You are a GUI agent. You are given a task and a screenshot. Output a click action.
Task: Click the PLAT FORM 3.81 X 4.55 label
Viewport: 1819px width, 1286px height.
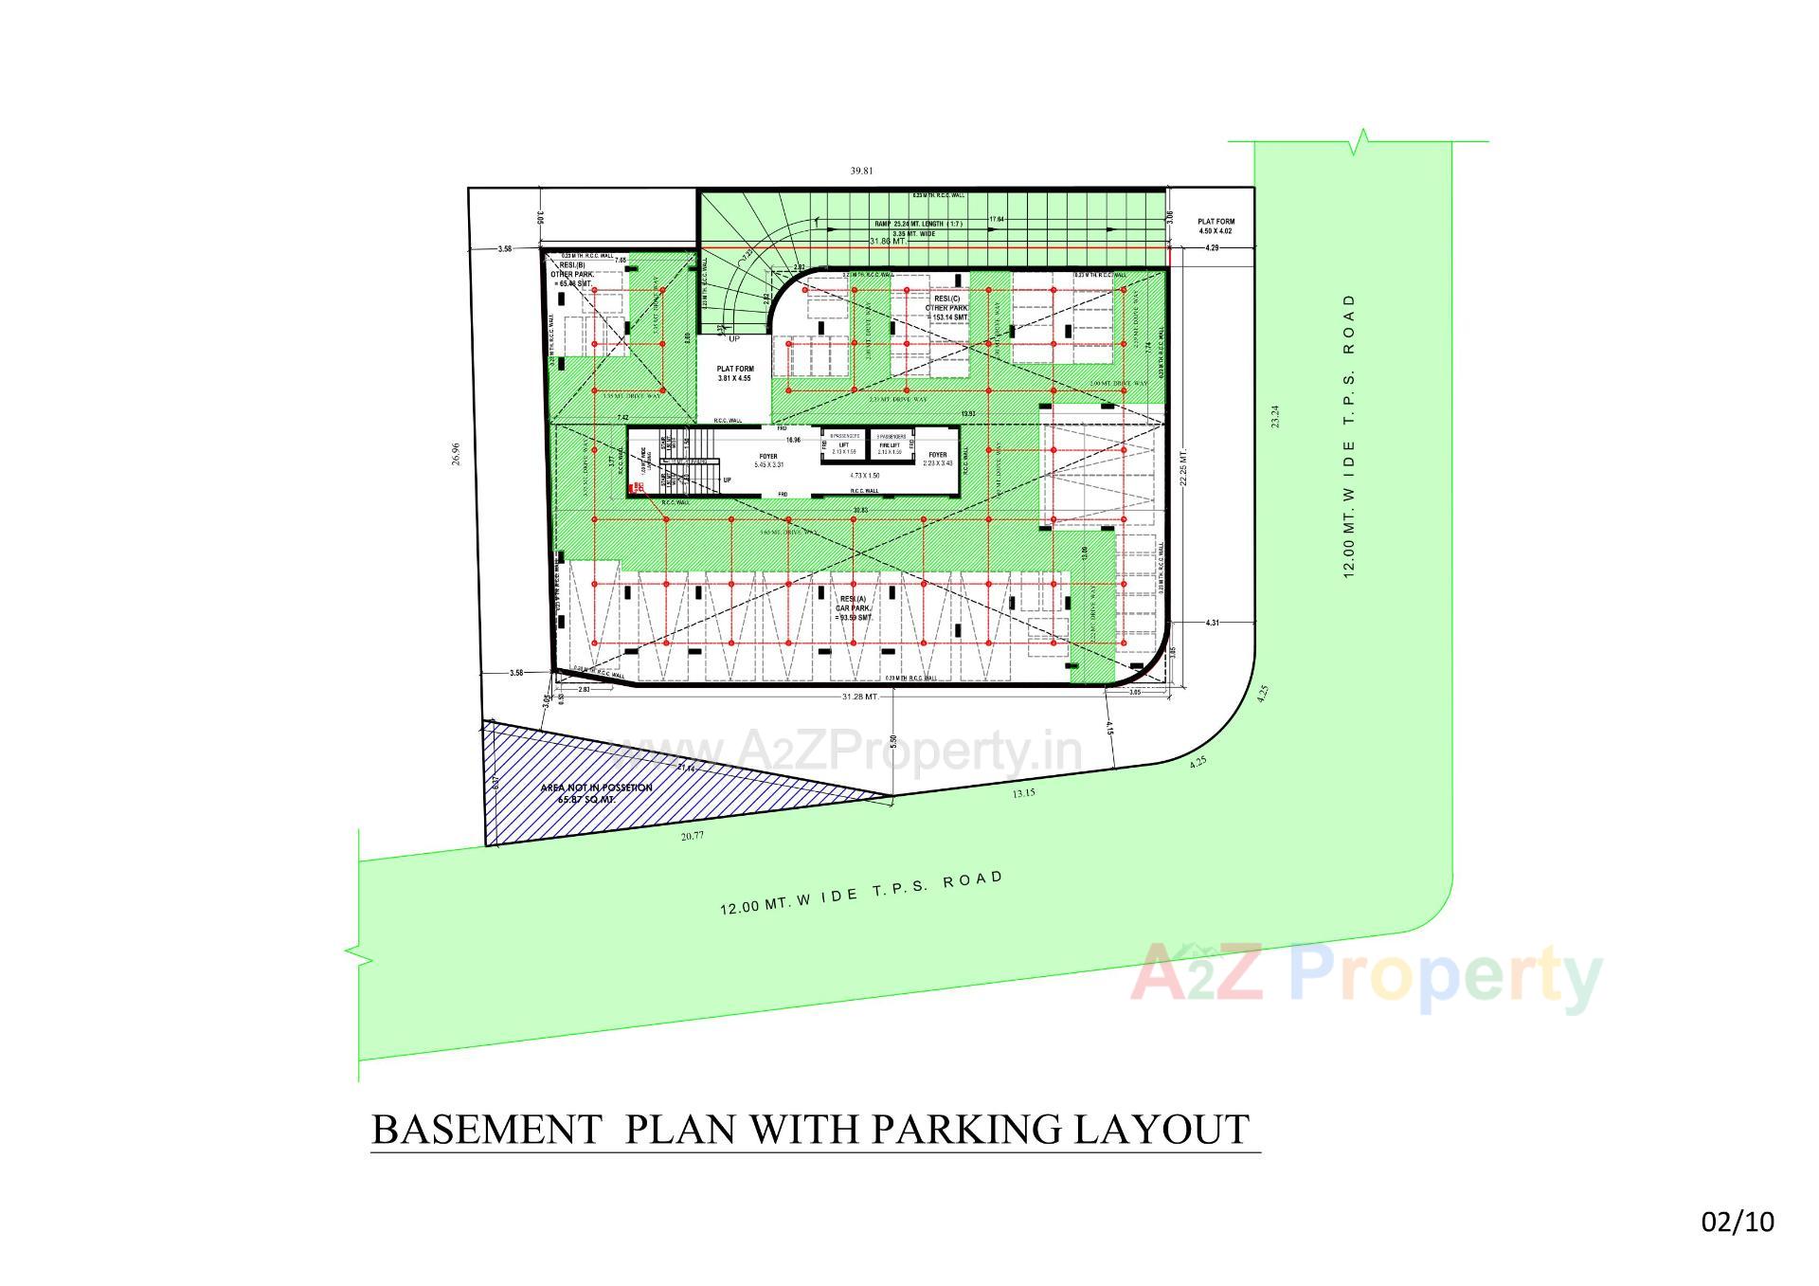[734, 373]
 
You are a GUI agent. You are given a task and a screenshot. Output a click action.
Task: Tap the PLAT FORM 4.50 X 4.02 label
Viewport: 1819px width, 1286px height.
[1216, 226]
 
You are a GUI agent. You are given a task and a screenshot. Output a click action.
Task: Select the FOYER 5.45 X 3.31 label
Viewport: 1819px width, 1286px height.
[766, 461]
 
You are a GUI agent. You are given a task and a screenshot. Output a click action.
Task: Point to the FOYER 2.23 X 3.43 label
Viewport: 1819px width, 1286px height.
[936, 459]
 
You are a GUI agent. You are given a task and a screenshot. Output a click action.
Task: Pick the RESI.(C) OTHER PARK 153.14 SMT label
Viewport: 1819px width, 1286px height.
[946, 307]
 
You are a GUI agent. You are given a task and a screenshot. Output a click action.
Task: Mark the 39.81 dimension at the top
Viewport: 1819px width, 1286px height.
[860, 172]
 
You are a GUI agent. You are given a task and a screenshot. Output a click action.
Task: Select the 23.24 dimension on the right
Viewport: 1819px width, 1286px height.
[1275, 417]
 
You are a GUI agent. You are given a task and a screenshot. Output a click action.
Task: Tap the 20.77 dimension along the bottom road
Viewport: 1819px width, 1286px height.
[693, 836]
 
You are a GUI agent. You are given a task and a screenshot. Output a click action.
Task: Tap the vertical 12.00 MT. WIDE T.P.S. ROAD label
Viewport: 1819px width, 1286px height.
[1349, 436]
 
